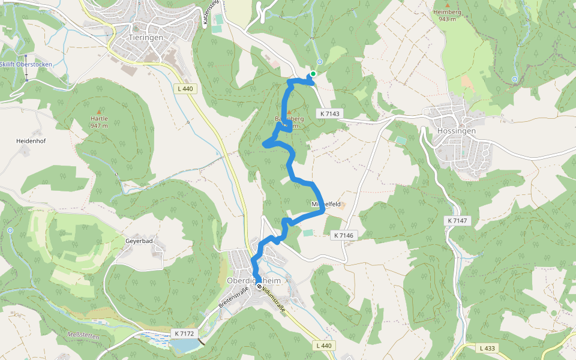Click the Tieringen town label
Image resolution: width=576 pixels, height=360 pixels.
[x=146, y=37]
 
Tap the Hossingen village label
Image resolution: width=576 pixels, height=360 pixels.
[x=457, y=130]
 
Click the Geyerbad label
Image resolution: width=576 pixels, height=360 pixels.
[x=139, y=241]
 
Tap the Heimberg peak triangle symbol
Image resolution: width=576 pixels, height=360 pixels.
[x=446, y=5]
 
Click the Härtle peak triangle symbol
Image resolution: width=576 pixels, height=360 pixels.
[x=99, y=112]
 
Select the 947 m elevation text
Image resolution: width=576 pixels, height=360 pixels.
[x=99, y=125]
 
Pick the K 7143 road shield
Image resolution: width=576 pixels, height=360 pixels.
[x=329, y=113]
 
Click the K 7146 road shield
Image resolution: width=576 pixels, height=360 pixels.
[x=344, y=236]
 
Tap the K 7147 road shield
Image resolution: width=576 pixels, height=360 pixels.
[x=457, y=221]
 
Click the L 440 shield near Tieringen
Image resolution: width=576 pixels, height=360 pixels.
[x=187, y=89]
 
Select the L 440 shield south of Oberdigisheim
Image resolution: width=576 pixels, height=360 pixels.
[x=323, y=346]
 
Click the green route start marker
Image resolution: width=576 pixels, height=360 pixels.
[x=313, y=74]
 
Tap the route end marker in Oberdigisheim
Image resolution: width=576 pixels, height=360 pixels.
[x=260, y=287]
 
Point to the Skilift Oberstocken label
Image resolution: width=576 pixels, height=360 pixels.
[x=26, y=64]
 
